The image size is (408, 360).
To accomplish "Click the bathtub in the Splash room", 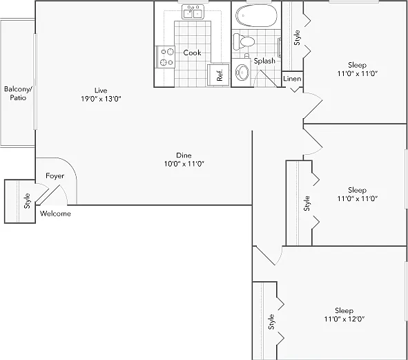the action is pyautogui.click(x=256, y=15).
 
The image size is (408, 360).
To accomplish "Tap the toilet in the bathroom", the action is pyautogui.click(x=244, y=41).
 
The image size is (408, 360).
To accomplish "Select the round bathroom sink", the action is pyautogui.click(x=242, y=72).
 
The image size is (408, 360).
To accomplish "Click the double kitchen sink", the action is pyautogui.click(x=193, y=12).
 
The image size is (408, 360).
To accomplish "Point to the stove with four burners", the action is pyautogui.click(x=165, y=57).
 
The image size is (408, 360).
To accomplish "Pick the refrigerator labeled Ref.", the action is pyautogui.click(x=219, y=75).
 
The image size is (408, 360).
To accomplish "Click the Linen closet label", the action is pyautogui.click(x=292, y=79).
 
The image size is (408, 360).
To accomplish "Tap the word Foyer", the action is pyautogui.click(x=55, y=176).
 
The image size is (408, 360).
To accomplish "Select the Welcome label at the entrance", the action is pyautogui.click(x=55, y=214).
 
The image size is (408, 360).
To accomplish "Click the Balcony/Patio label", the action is pyautogui.click(x=18, y=93).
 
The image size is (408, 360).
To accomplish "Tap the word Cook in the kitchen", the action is pyautogui.click(x=192, y=53).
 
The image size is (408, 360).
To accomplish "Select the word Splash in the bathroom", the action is pyautogui.click(x=264, y=61).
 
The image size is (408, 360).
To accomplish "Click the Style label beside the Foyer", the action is pyautogui.click(x=27, y=201).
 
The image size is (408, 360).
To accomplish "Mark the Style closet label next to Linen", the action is pyautogui.click(x=297, y=38).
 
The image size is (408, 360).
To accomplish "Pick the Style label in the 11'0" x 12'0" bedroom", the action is pyautogui.click(x=271, y=322).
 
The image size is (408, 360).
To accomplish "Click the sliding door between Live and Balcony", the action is pyautogui.click(x=35, y=82).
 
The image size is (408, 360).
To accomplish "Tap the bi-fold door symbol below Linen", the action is pyautogui.click(x=295, y=90).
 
